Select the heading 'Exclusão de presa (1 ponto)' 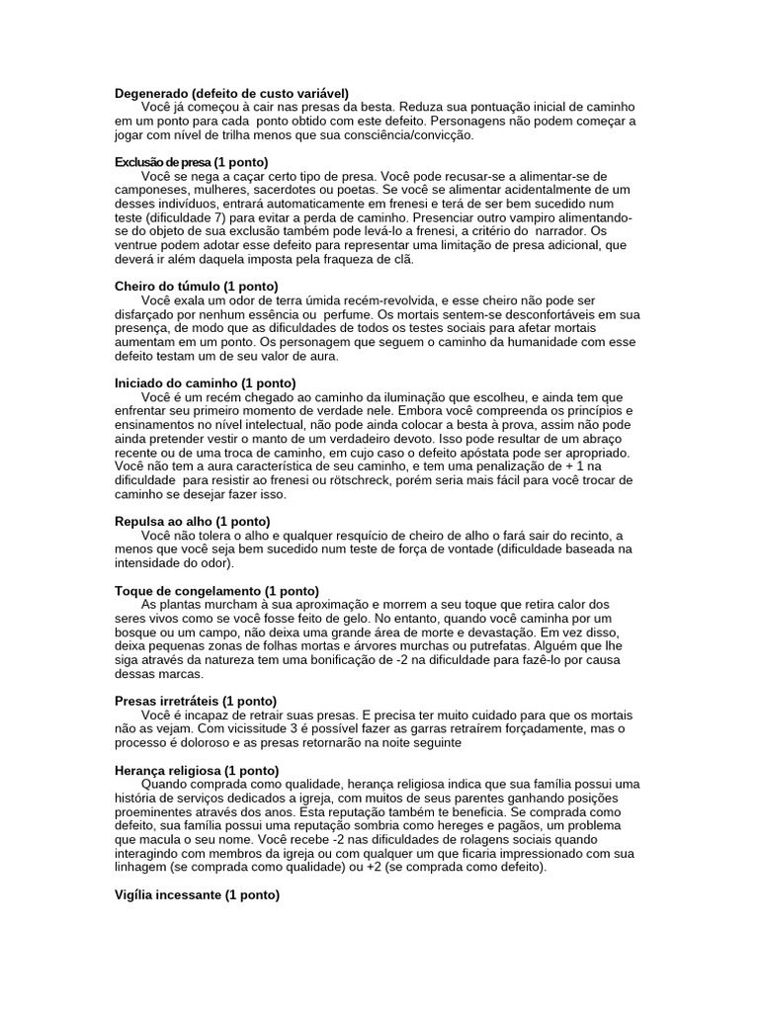click(191, 161)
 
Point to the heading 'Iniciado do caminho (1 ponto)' click(206, 382)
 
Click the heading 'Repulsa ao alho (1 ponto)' click(192, 521)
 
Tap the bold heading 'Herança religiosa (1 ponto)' click(197, 770)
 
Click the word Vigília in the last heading click(135, 894)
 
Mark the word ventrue click(139, 244)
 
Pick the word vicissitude click(213, 728)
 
